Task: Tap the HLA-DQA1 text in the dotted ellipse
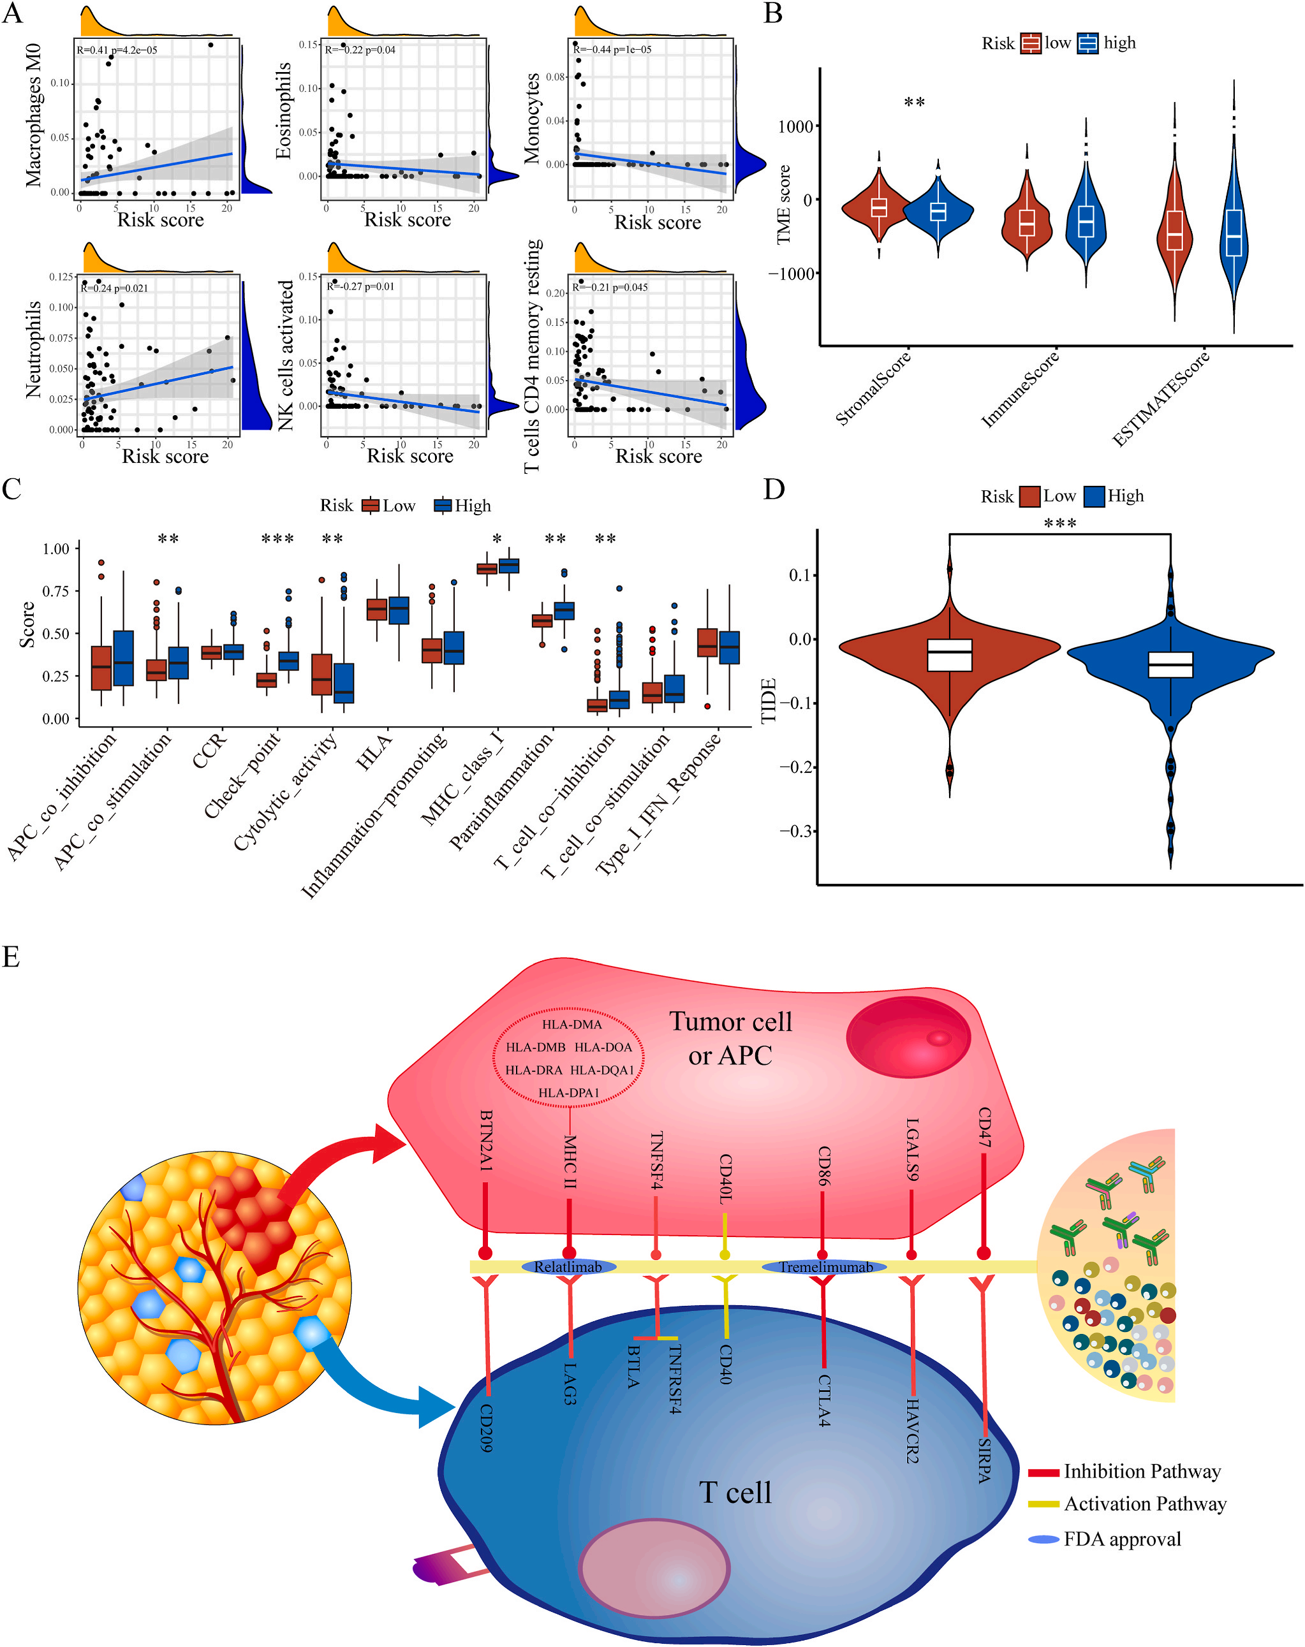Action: tap(602, 1070)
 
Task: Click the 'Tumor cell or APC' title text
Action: tap(730, 1038)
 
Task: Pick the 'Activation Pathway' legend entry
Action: tap(1144, 1504)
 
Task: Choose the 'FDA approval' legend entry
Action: tap(1122, 1539)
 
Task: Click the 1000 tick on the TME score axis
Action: tap(795, 127)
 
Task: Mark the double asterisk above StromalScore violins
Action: tap(915, 103)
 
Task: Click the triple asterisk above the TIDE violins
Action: tap(1059, 523)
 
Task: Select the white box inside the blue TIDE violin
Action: tap(1170, 664)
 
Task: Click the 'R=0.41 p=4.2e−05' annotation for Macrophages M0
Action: tap(117, 50)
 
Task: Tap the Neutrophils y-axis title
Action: tap(34, 349)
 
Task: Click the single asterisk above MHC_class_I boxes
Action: tap(498, 540)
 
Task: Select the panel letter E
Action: tap(11, 956)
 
